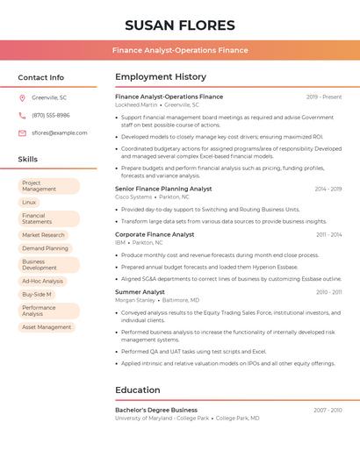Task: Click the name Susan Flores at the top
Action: pos(180,25)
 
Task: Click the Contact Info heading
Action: pos(41,77)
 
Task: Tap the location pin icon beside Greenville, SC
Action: pos(22,97)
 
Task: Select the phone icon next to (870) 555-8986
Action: pos(22,115)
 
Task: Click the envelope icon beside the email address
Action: pos(22,132)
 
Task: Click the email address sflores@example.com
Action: pos(60,132)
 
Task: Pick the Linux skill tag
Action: pos(29,202)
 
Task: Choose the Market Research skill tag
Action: pos(43,235)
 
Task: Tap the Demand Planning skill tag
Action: pos(45,248)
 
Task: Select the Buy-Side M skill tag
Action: pos(37,294)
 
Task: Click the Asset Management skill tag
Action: pos(47,327)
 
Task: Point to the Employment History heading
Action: pos(161,77)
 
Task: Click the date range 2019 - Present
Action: pos(324,97)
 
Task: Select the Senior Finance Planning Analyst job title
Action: pos(163,189)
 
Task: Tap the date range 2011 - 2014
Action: pos(329,234)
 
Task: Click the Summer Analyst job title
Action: pos(140,291)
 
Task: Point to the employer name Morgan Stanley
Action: pos(135,300)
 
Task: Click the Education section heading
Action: pos(138,390)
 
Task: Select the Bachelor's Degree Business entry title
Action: pos(156,410)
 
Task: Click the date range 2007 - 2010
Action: pos(328,410)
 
